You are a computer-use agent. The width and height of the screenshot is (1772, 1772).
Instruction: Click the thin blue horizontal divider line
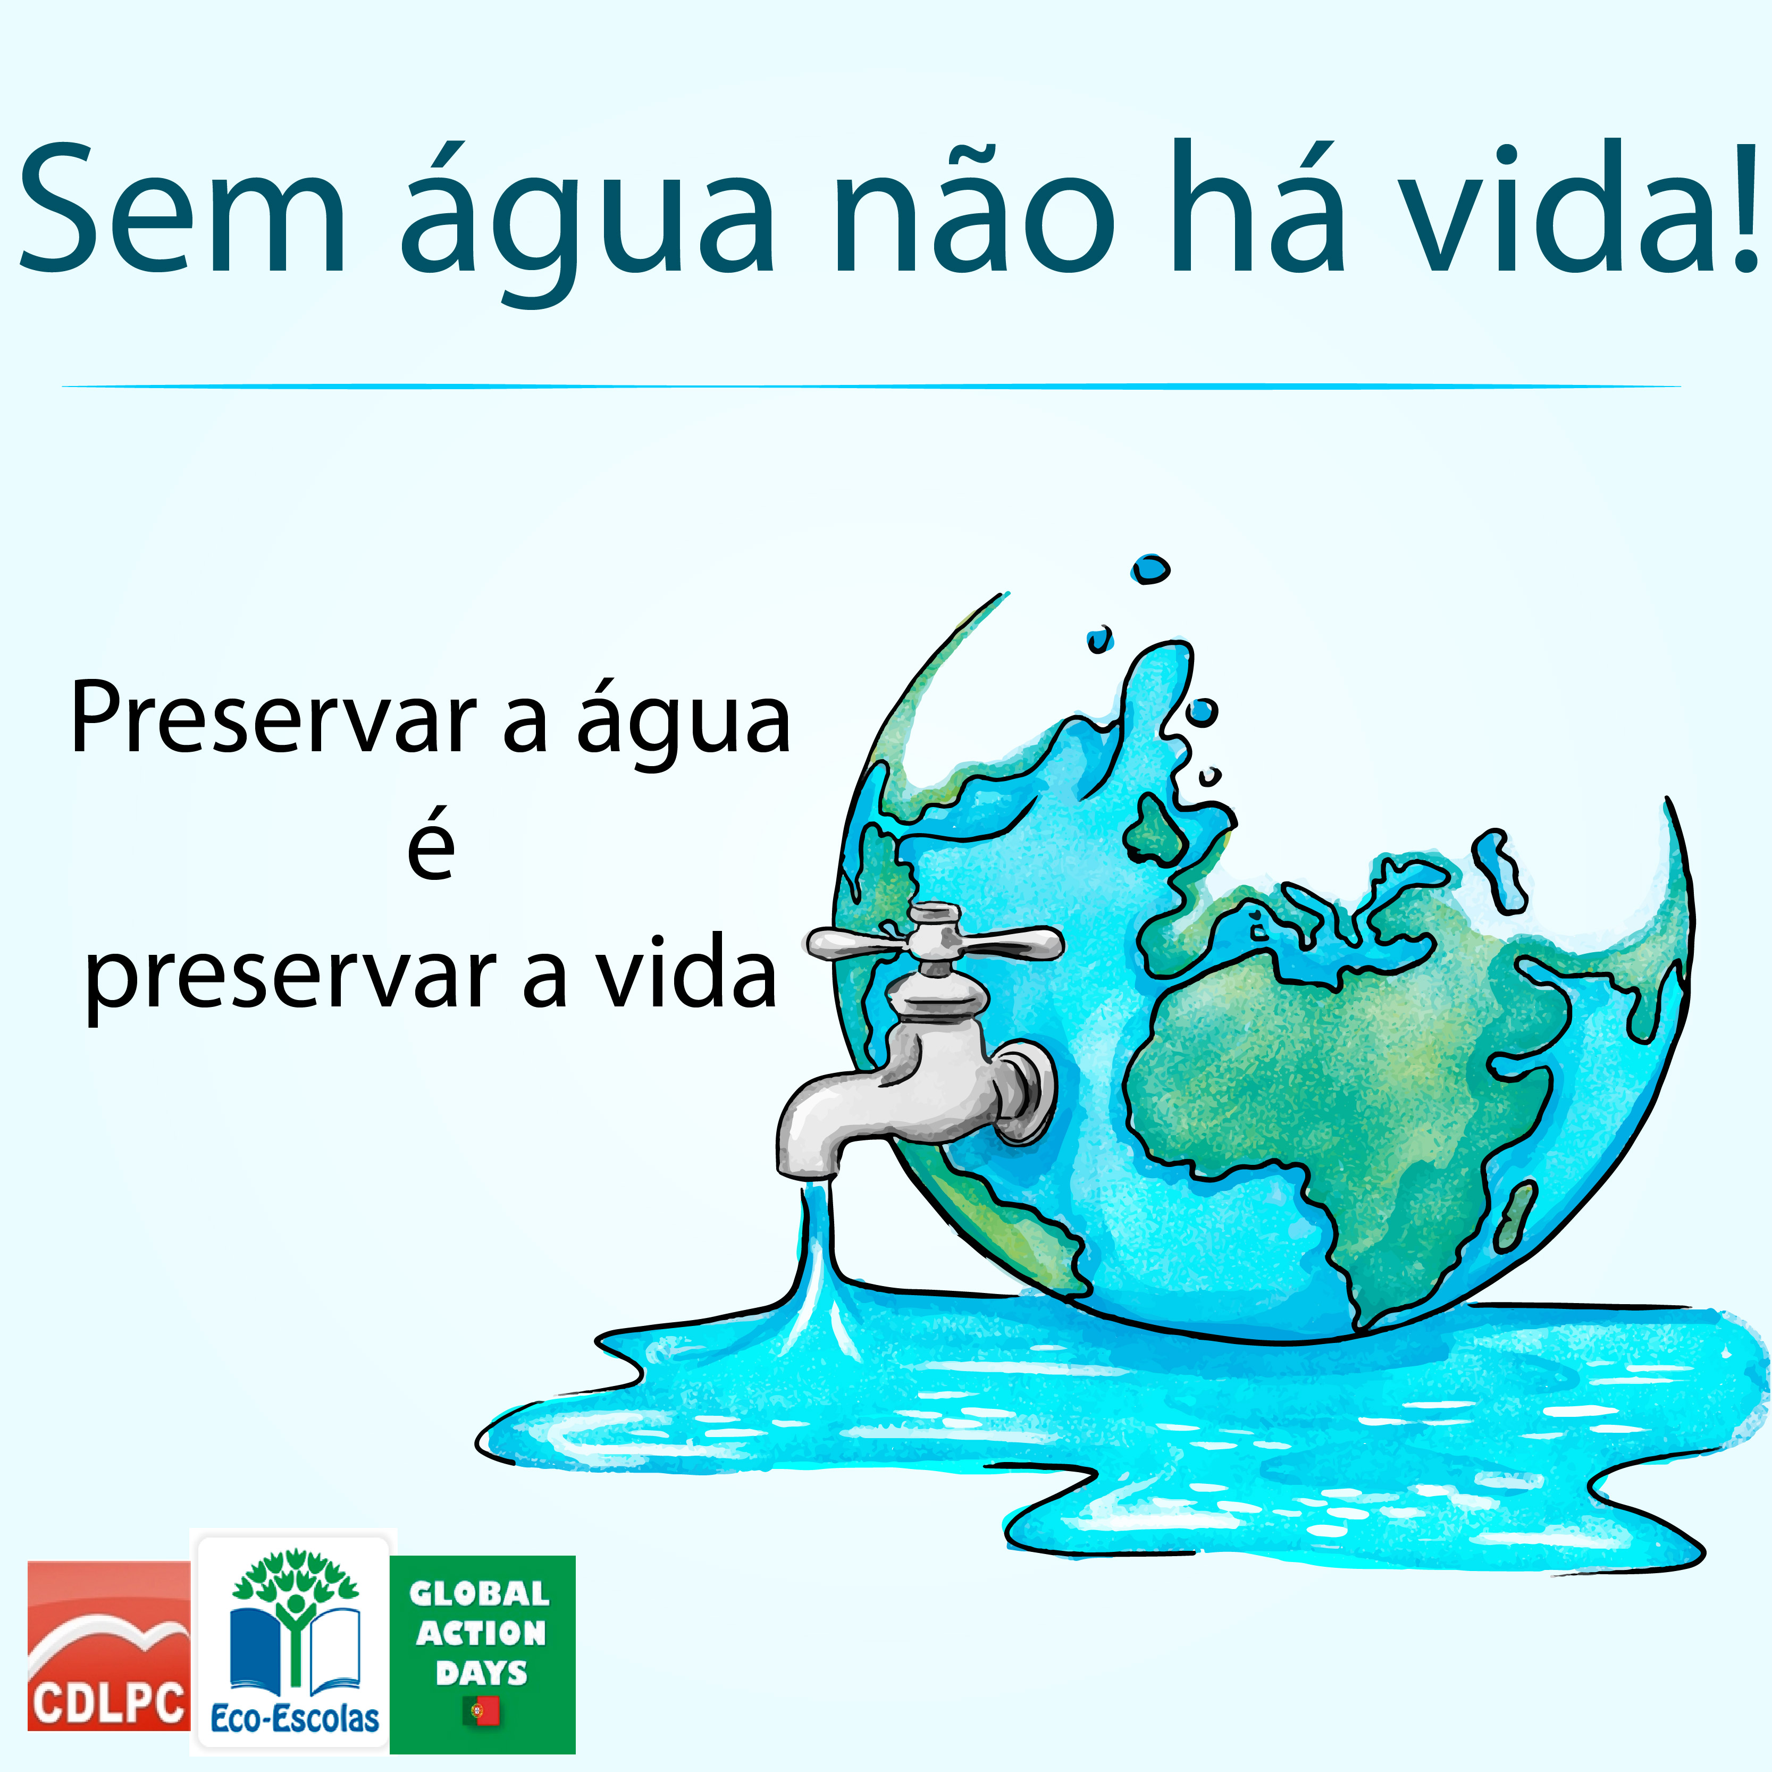(x=871, y=386)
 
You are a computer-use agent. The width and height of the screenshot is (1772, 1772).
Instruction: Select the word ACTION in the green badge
(x=482, y=1633)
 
